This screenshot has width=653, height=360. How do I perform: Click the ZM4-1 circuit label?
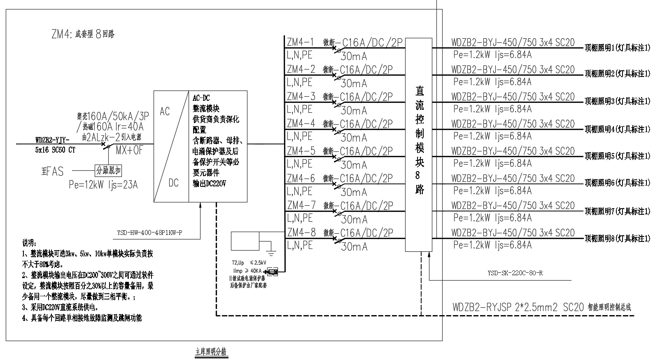301,42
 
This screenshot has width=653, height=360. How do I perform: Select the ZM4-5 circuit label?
301,151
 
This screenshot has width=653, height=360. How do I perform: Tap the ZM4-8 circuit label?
301,232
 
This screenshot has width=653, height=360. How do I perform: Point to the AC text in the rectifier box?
165,111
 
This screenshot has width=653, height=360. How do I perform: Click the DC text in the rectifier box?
173,182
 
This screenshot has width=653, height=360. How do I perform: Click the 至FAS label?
52,171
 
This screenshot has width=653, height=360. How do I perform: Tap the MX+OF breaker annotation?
129,151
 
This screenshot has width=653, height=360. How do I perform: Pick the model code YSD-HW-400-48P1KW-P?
147,233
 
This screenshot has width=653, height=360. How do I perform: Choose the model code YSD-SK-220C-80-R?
515,273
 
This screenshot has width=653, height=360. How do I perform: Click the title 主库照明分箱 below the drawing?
210,352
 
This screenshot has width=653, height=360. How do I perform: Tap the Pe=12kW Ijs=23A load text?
103,185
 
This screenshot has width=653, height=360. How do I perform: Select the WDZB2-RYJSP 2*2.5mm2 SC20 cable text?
518,307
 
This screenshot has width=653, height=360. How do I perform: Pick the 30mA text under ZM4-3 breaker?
354,111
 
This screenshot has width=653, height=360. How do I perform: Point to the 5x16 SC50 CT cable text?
55,150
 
